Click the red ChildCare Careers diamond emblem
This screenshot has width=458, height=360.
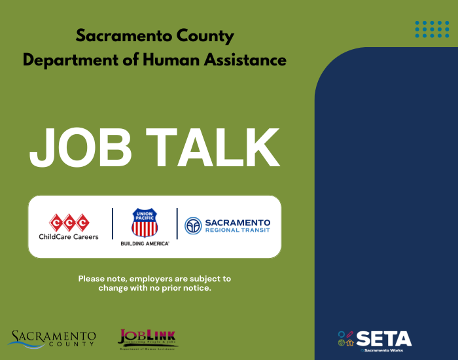click(x=69, y=222)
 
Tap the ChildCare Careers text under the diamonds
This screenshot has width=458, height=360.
click(x=69, y=236)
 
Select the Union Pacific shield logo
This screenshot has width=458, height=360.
click(x=145, y=223)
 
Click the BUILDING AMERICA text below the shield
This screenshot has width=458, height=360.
click(x=145, y=243)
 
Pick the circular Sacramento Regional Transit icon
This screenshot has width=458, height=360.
click(x=192, y=226)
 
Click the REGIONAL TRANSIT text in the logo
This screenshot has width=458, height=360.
click(x=236, y=231)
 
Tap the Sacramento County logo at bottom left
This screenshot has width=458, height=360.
click(x=52, y=338)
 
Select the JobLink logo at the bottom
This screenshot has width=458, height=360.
click(x=147, y=338)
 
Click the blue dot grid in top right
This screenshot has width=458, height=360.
click(x=432, y=29)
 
